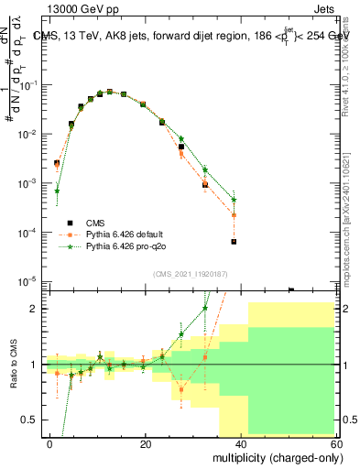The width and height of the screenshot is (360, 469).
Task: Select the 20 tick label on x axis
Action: pyautogui.click(x=146, y=443)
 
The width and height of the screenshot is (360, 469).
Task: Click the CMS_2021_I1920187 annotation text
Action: pyautogui.click(x=191, y=272)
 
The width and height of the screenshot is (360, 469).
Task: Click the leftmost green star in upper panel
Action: pyautogui.click(x=57, y=191)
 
